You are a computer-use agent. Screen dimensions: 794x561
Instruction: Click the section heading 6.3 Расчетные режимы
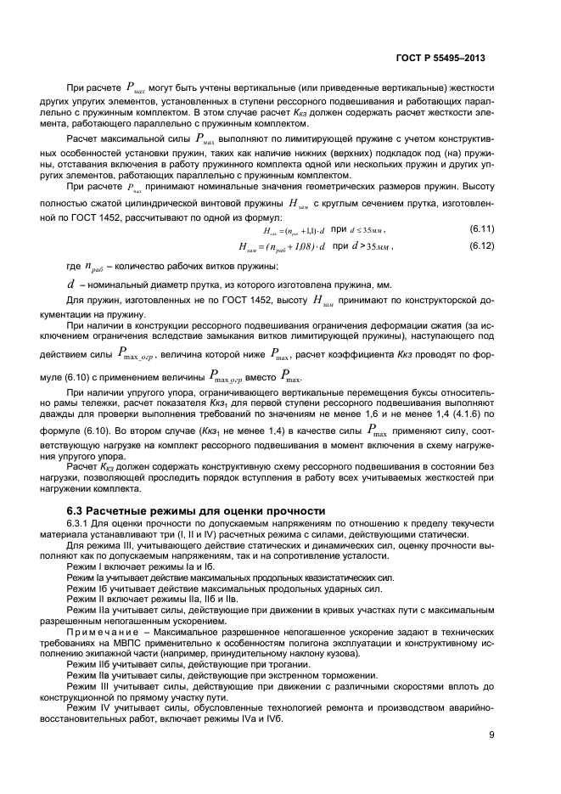pos(195,510)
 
